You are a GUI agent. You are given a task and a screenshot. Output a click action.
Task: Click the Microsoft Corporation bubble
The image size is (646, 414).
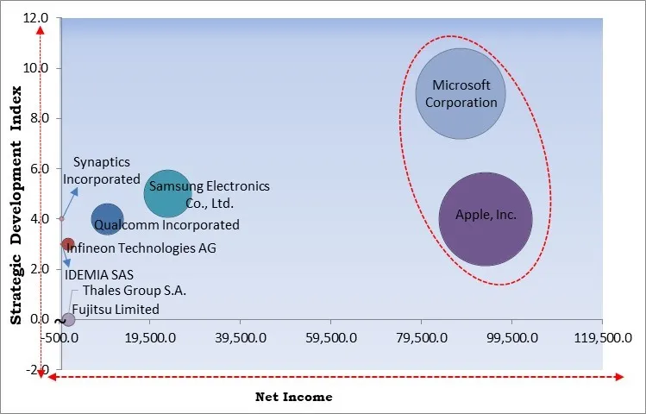pos(460,94)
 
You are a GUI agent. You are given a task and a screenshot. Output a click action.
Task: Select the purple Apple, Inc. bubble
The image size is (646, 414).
pos(486,219)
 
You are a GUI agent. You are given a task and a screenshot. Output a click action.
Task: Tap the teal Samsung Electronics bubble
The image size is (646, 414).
pos(167,193)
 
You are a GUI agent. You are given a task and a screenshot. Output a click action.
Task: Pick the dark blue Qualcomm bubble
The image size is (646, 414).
pos(107,219)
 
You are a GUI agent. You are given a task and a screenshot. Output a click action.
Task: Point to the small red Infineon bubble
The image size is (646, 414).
pos(68,245)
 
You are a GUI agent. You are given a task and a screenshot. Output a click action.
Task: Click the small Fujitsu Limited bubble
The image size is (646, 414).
pos(68,319)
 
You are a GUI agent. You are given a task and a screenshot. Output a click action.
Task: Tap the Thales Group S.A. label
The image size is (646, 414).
pos(135,292)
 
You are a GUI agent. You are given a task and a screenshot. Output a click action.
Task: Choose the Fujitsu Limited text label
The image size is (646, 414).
pos(116,309)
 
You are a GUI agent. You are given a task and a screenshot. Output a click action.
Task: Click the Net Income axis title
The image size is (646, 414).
pos(293,397)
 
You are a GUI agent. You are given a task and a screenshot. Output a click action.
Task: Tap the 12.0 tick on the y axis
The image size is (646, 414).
pos(36,17)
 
